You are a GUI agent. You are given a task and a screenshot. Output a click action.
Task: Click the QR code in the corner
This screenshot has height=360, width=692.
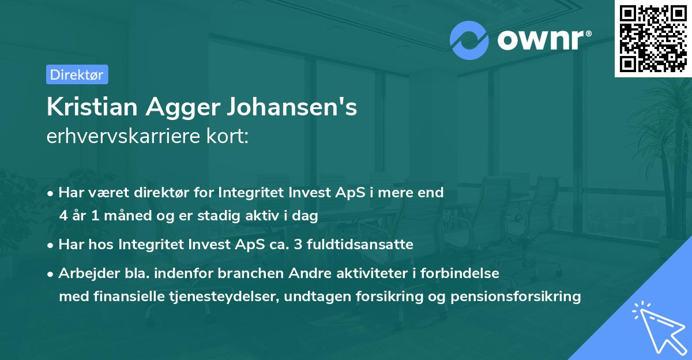point(653,38)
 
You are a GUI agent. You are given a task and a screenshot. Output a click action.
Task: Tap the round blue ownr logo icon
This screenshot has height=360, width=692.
point(469,40)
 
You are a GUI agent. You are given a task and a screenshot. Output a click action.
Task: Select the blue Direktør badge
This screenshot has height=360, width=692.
point(77,74)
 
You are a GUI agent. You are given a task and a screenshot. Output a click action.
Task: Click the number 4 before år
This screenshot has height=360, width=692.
point(63,216)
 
